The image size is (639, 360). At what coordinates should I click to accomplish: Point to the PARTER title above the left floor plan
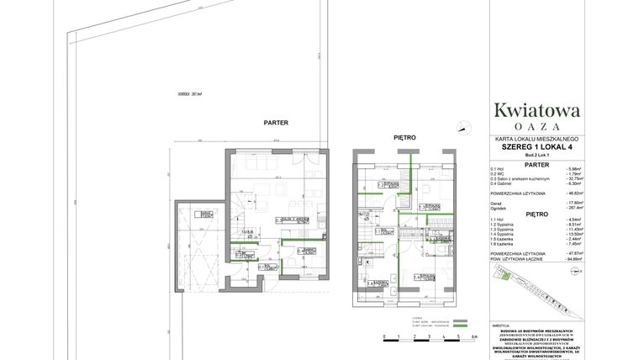277,123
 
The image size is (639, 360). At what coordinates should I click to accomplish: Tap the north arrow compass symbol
462,126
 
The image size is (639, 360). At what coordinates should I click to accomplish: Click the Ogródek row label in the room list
501,207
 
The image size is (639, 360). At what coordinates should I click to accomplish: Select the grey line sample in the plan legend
460,320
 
